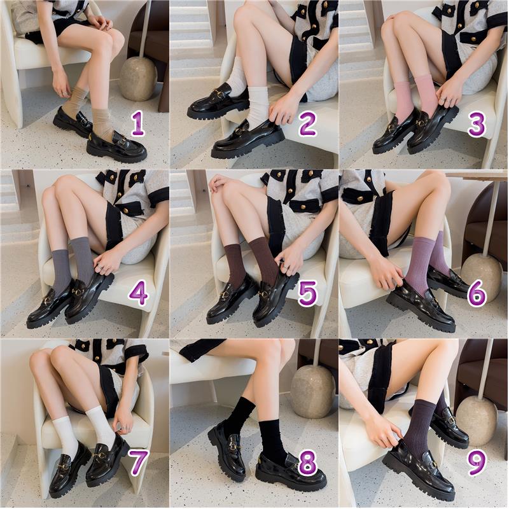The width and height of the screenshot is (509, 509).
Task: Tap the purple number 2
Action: point(307,123)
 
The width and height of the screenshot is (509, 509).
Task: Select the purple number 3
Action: point(477,124)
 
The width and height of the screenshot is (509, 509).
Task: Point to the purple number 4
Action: point(138,294)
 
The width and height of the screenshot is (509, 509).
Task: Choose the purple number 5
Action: point(307,294)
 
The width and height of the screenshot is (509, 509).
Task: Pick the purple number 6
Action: point(477,294)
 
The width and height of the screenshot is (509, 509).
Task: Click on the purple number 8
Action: point(308,463)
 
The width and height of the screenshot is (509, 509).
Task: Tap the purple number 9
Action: point(477,463)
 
